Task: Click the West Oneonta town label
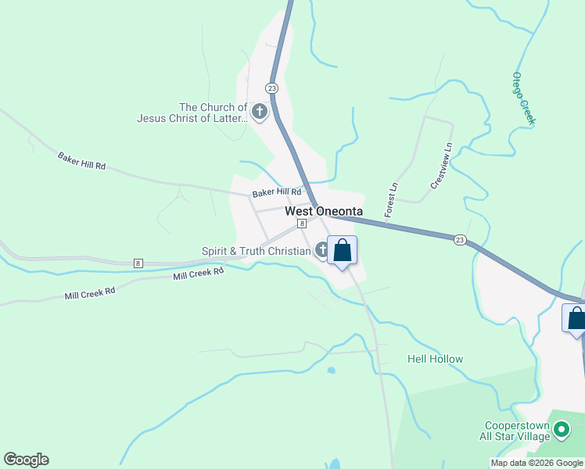323,211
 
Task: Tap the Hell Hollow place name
435,359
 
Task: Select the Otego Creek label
522,98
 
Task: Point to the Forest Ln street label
391,199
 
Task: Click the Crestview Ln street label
442,165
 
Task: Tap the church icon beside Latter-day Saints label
260,113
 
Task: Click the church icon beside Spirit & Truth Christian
321,250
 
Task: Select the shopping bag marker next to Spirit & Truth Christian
343,251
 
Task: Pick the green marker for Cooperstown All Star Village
561,429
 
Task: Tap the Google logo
26,460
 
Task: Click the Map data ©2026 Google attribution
537,463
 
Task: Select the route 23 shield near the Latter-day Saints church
271,88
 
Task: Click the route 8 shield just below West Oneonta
301,223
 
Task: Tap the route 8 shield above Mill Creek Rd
138,263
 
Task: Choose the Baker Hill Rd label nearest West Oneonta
276,192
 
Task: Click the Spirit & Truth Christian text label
256,251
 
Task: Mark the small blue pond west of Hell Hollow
332,371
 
